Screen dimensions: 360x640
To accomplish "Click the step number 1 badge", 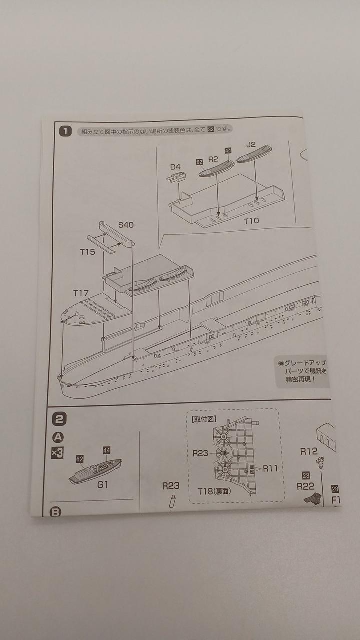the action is [x=65, y=132].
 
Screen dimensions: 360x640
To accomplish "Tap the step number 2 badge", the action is [x=59, y=419].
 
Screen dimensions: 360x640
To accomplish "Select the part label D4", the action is [x=176, y=166].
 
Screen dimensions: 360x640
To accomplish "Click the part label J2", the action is [x=251, y=145].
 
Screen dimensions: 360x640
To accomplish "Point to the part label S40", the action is [x=126, y=225].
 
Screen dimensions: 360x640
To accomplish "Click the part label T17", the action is [x=81, y=293].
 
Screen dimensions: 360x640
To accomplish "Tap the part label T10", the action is [x=251, y=221].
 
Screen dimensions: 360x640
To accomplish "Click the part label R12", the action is [x=309, y=451].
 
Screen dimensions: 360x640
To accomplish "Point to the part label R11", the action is [x=270, y=468].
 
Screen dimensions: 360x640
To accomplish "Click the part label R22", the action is [x=305, y=486].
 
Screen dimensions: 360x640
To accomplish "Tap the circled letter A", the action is [x=58, y=437].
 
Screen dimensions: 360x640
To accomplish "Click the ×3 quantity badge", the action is [x=57, y=453].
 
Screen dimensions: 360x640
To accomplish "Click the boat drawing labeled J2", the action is [x=254, y=154].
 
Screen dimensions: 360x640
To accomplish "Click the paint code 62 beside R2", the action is [x=199, y=162].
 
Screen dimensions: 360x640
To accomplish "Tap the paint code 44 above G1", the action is [x=106, y=450].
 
